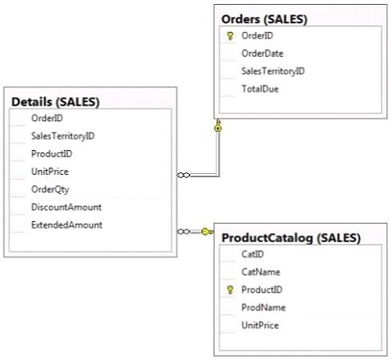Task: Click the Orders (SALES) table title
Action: (x=265, y=19)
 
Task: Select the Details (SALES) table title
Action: (x=55, y=102)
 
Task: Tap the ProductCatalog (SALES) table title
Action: (x=291, y=238)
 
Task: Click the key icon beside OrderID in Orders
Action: (x=230, y=36)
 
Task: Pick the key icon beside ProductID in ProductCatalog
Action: (x=230, y=289)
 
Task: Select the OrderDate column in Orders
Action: (x=262, y=54)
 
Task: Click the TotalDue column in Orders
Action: (x=260, y=89)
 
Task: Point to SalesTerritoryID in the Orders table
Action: (x=273, y=71)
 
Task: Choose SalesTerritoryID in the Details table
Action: (x=63, y=136)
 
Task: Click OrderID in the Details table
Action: (x=47, y=118)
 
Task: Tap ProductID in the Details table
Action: (x=51, y=154)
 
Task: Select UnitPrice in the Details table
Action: (x=50, y=172)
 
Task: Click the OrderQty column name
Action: (x=51, y=189)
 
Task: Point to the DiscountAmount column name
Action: (x=67, y=207)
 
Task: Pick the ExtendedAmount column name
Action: (x=67, y=225)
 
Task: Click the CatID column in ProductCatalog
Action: (x=253, y=254)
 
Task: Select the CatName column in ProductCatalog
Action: (x=261, y=272)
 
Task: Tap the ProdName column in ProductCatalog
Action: (x=264, y=308)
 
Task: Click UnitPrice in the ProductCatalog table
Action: (x=260, y=326)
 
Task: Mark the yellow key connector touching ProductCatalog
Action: (x=207, y=232)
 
